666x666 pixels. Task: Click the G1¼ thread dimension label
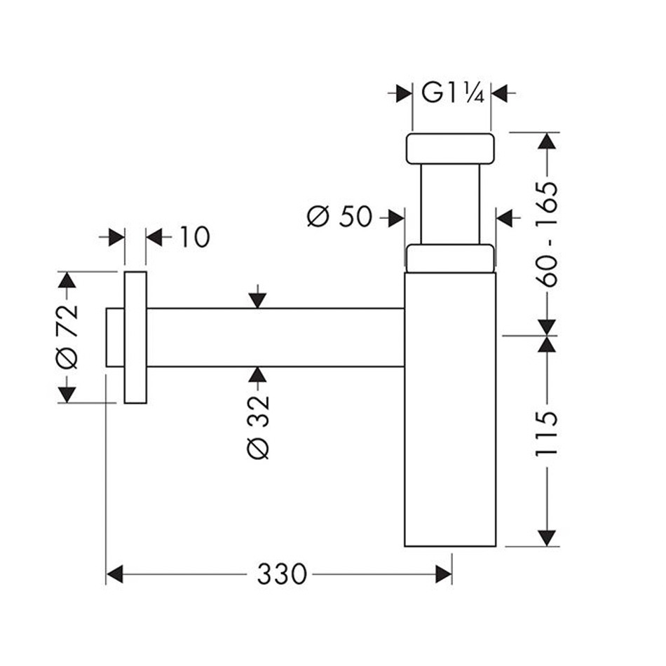click(453, 93)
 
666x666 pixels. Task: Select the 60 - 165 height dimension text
click(546, 233)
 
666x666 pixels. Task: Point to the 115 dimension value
click(546, 434)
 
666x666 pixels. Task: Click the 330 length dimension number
click(282, 574)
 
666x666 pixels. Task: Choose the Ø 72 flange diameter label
click(67, 337)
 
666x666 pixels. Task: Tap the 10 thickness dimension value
click(193, 238)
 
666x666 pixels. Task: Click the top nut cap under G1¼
click(450, 148)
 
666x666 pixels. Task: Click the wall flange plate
click(135, 337)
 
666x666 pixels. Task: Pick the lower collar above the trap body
click(450, 257)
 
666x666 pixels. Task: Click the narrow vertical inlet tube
click(450, 203)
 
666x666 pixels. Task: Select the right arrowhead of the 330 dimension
click(443, 574)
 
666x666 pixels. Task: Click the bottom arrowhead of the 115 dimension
click(546, 537)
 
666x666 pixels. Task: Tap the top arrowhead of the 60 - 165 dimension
click(546, 140)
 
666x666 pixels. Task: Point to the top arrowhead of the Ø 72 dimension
click(67, 280)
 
